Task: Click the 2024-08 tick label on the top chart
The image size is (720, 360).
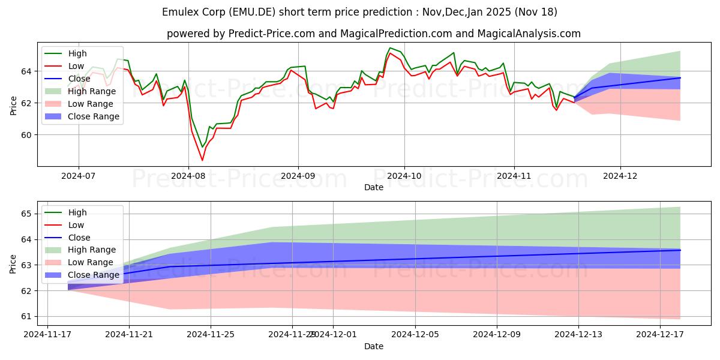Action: pos(188,175)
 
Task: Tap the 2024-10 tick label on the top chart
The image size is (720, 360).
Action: pos(404,175)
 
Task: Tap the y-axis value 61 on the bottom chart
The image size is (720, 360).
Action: pos(28,316)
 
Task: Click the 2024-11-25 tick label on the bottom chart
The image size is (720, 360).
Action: pos(211,334)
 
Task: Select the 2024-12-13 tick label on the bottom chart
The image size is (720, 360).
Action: pos(578,334)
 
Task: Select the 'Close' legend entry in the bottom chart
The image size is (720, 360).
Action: pos(79,238)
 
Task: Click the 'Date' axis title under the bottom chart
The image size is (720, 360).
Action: pos(373,347)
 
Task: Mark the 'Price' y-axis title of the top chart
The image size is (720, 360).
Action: pos(14,104)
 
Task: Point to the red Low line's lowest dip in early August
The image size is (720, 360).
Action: pos(202,160)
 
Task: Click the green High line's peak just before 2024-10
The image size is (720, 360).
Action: pos(390,48)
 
